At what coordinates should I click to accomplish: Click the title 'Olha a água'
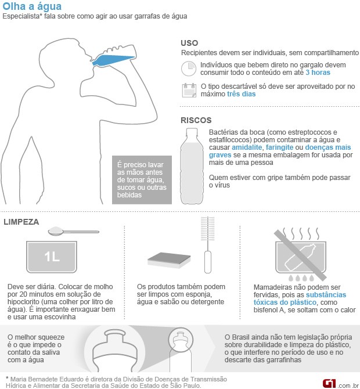[x=32, y=6]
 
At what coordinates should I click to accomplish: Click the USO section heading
[x=189, y=43]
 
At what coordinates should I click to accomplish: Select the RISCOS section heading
[x=196, y=120]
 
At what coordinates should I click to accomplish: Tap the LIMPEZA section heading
[x=21, y=222]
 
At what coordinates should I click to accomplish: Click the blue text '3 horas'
[x=318, y=73]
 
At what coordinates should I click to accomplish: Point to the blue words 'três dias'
[x=241, y=94]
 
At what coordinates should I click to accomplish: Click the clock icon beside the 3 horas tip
[x=189, y=69]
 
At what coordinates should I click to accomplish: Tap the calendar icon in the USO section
[x=189, y=91]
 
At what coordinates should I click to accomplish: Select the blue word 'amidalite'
[x=247, y=147]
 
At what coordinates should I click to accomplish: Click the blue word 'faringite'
[x=280, y=147]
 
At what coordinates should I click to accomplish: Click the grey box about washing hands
[x=142, y=180]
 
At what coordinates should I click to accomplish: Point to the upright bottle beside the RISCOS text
[x=192, y=166]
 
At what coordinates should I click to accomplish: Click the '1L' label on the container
[x=52, y=257]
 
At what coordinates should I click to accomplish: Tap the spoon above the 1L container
[x=73, y=231]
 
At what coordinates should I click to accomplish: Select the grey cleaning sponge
[x=169, y=260]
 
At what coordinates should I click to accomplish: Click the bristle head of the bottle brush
[x=208, y=229]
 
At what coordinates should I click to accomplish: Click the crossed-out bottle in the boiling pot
[x=300, y=257]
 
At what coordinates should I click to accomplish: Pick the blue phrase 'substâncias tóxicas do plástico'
[x=300, y=298]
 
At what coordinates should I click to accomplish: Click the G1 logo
[x=329, y=383]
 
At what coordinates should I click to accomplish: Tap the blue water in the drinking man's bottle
[x=113, y=60]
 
